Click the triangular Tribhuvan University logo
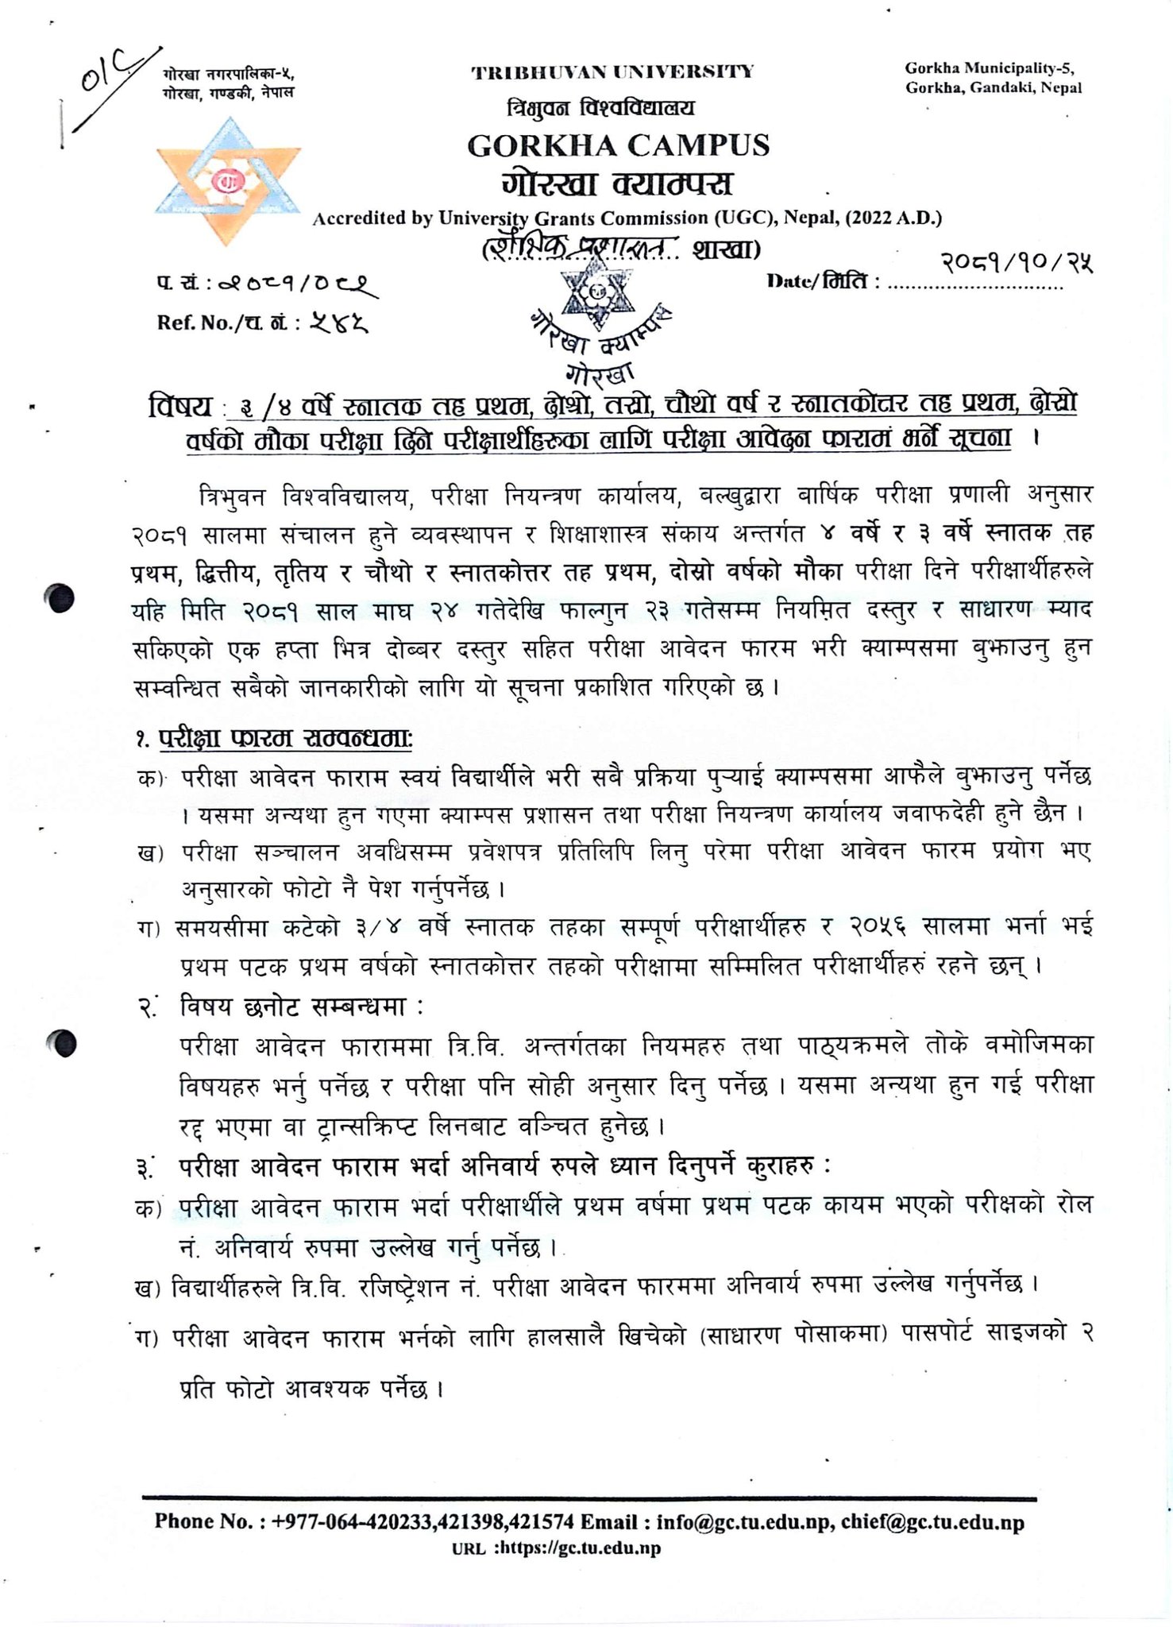click(228, 182)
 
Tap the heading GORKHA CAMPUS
click(618, 145)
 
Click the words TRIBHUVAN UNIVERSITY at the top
click(612, 73)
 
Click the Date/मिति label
click(823, 281)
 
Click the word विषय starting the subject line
click(181, 406)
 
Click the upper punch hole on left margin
click(61, 598)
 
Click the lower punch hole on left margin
click(61, 1042)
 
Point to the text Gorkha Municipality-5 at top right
click(990, 68)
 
